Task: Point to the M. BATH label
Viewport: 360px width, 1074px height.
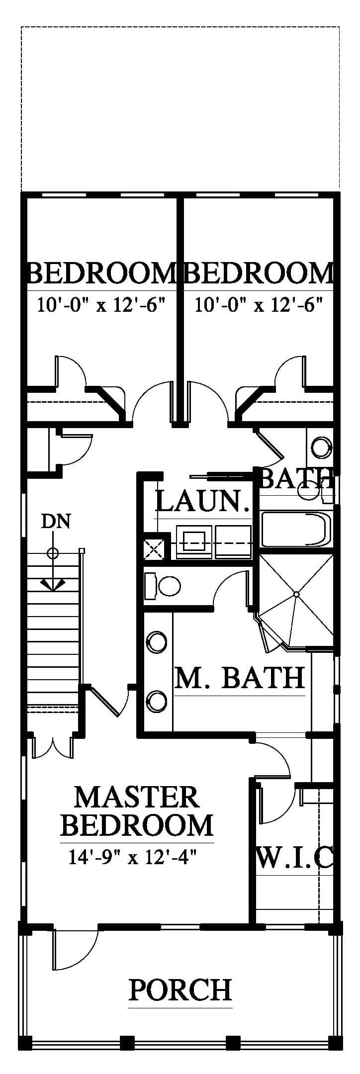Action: coord(240,677)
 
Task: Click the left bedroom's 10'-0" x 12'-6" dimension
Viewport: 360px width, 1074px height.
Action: coord(101,304)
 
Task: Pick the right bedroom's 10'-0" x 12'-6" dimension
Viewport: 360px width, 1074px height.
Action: coord(259,304)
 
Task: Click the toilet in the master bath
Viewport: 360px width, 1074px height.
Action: coord(162,586)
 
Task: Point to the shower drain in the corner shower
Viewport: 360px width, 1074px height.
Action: coord(296,594)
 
